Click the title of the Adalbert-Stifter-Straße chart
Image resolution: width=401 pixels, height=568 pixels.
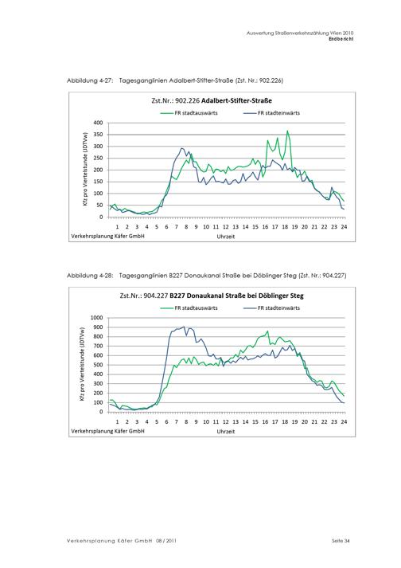(212, 100)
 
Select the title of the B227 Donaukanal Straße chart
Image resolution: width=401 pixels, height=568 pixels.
(212, 296)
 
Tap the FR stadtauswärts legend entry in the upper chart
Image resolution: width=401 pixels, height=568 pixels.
(189, 113)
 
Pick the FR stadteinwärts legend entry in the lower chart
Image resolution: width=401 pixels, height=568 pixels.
(272, 308)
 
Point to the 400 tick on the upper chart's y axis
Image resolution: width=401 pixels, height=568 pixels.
(98, 123)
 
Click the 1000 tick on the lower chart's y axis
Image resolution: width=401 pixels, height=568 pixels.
(96, 318)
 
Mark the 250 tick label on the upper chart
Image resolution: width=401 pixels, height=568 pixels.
(98, 158)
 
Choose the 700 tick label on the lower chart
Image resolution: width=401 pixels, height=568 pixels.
(98, 346)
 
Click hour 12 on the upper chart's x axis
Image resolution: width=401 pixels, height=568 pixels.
(225, 227)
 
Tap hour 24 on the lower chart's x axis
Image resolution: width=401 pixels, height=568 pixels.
(344, 421)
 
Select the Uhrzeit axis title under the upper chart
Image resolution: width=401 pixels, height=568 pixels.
(226, 236)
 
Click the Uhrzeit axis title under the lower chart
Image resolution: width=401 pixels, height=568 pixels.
(226, 432)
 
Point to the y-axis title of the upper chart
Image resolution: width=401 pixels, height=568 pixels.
(85, 170)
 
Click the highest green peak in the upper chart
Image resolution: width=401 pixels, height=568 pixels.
(287, 131)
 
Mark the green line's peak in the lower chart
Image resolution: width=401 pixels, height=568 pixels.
(267, 331)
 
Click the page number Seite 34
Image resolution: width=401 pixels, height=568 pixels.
(341, 541)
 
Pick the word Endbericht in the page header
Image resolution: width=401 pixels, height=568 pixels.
(341, 39)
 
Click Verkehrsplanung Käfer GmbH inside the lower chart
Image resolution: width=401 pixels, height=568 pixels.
(107, 431)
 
